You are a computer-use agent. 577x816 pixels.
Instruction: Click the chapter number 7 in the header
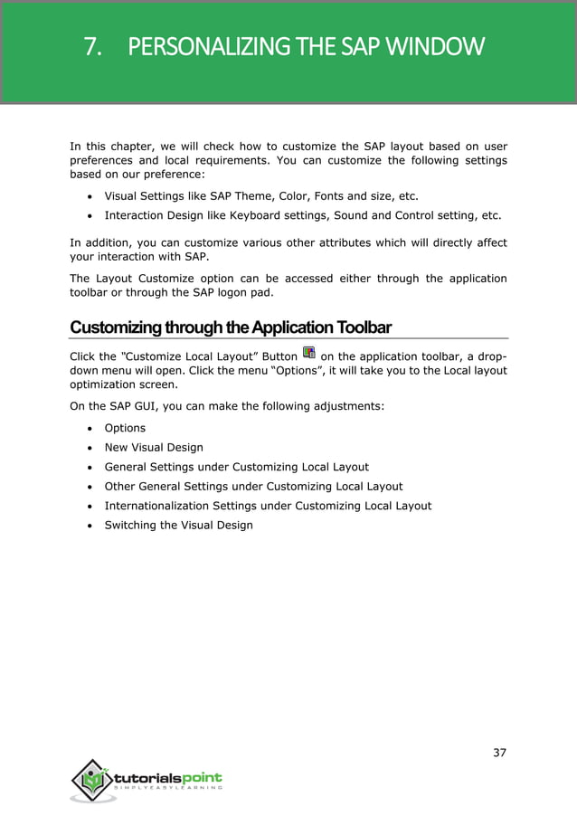[x=91, y=46]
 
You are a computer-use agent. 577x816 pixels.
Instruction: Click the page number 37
[x=499, y=753]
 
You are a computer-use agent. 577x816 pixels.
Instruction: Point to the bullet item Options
[x=125, y=428]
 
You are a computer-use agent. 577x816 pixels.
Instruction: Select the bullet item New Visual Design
[x=154, y=447]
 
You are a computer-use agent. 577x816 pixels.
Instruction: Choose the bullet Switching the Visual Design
[x=178, y=525]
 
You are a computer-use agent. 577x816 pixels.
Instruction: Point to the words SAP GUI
[x=111, y=406]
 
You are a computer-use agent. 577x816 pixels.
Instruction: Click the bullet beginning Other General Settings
[x=253, y=486]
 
